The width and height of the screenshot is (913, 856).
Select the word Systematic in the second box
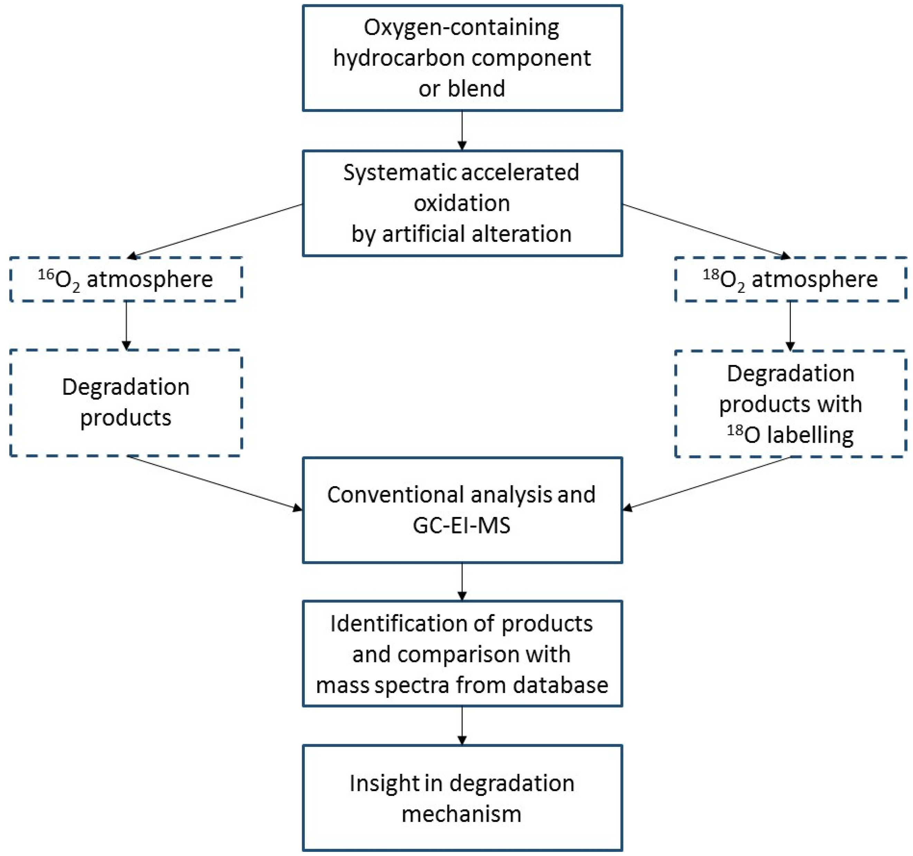coord(399,173)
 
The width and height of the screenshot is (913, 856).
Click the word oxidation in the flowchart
coord(462,203)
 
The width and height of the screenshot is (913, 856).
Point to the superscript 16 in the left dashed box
coord(46,275)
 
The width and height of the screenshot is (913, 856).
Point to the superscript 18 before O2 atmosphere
coord(710,275)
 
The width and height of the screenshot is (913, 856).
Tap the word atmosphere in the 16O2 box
coord(150,279)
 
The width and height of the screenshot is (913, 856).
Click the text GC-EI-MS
coord(462,526)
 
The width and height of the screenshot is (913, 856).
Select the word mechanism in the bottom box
coord(462,814)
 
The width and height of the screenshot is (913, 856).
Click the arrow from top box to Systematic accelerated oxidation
coord(462,131)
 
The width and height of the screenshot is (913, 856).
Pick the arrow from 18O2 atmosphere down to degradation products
coord(790,326)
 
